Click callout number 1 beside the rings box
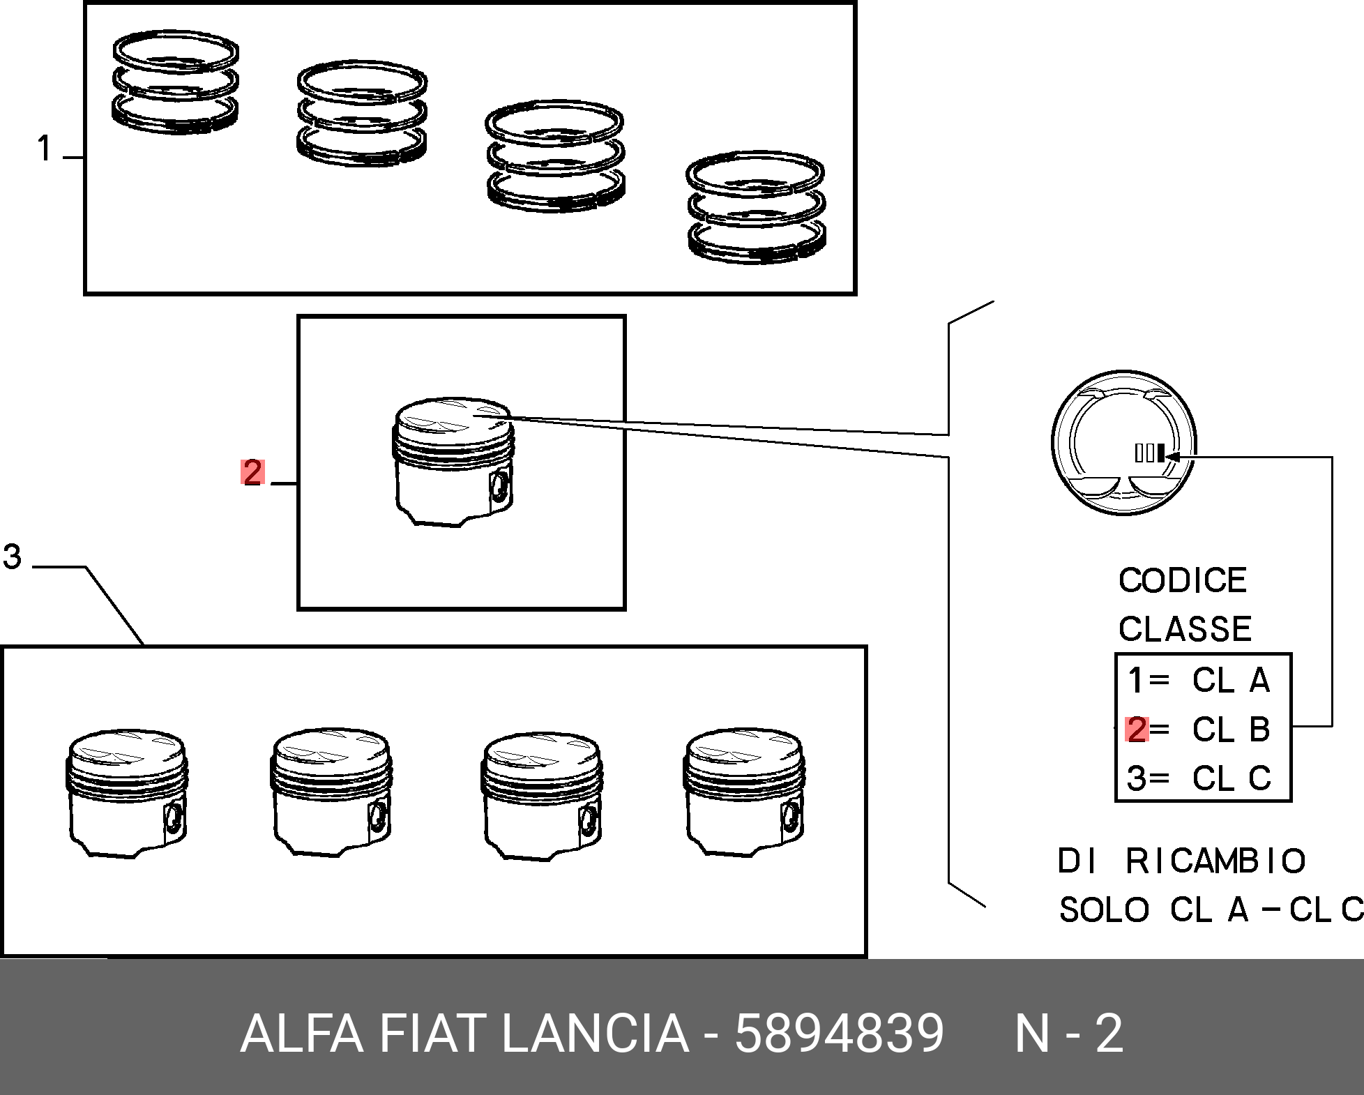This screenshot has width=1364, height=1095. (45, 149)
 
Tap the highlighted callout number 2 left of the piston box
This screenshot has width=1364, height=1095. (252, 472)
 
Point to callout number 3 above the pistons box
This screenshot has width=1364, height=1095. (12, 557)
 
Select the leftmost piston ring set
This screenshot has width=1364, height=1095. (175, 82)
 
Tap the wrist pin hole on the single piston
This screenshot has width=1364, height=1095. (499, 486)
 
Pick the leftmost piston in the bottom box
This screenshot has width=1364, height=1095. (128, 793)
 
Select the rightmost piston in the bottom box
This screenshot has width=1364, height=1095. (744, 793)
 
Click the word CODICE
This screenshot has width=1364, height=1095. (1183, 580)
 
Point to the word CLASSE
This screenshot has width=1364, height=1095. (1185, 628)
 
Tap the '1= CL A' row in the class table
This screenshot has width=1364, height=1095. (1199, 680)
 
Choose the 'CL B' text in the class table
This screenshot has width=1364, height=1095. (1232, 730)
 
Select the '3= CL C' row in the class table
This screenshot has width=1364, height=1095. (1199, 778)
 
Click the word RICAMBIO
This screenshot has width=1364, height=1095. (1216, 861)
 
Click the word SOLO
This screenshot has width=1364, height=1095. (1104, 910)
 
